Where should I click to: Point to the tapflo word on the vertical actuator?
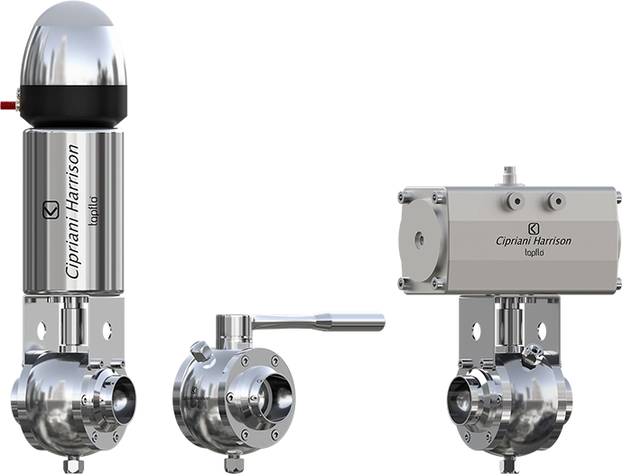tap(98, 209)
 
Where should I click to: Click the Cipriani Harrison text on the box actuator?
tap(534, 241)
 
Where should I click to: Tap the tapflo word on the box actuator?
tap(534, 254)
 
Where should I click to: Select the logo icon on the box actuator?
tap(533, 226)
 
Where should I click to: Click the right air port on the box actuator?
tap(556, 199)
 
